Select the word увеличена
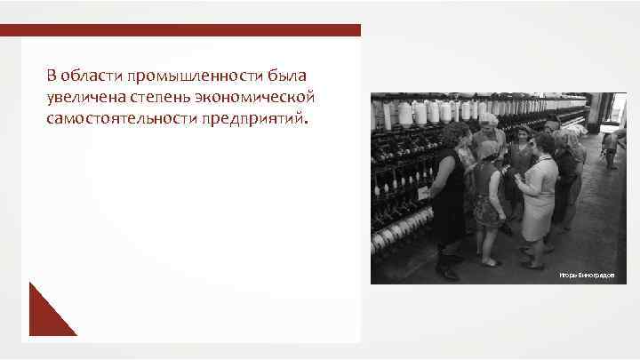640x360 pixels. tap(86, 95)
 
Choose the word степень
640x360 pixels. tap(170, 95)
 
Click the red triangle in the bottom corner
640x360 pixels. tap(46, 315)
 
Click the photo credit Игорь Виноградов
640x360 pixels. tap(586, 276)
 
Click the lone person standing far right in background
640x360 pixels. tap(610, 147)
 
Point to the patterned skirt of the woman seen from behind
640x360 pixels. tap(488, 210)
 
